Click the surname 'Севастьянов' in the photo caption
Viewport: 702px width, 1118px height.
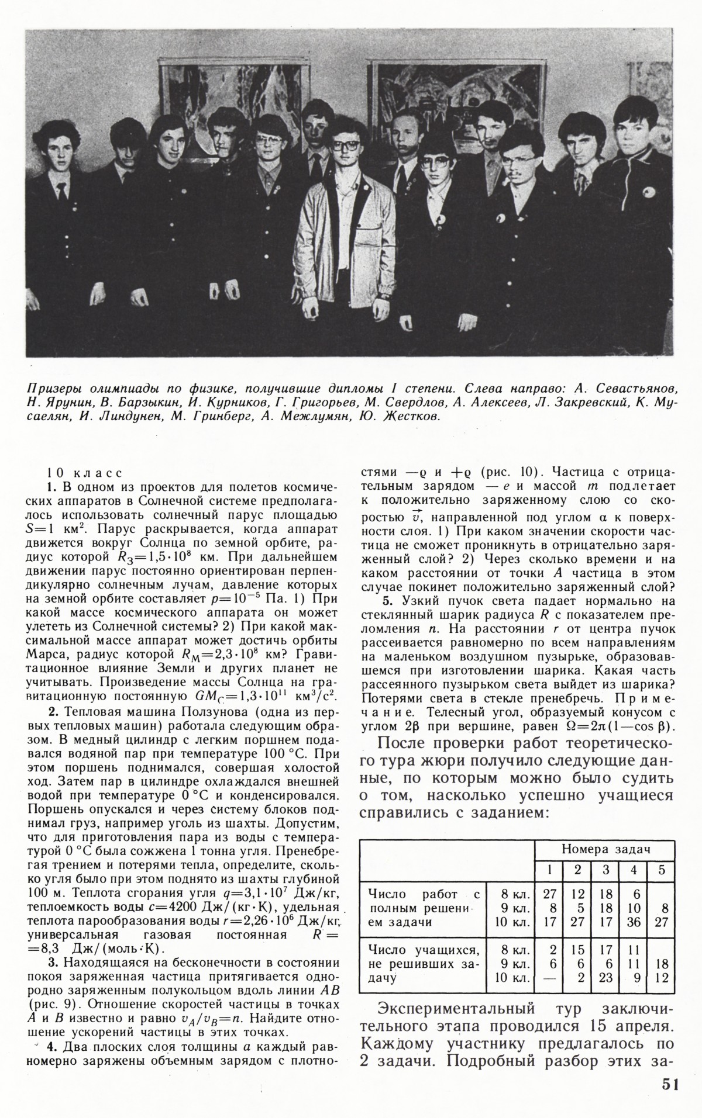640,389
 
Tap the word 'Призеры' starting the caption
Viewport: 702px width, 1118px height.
56,389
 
